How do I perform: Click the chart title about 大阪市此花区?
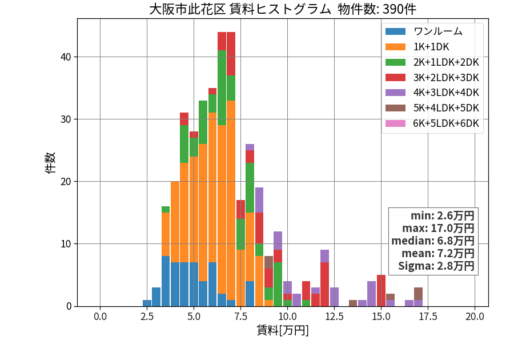coord(283,9)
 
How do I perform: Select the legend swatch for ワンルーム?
coord(395,31)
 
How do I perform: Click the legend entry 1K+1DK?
coord(431,47)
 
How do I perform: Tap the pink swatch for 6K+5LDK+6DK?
coord(395,123)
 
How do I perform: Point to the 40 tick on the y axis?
coord(66,57)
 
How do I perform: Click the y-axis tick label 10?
coord(66,244)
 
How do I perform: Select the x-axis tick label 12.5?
coord(334,317)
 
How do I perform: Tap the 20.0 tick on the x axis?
coord(475,317)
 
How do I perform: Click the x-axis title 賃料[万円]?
coord(283,330)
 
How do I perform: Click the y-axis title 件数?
coord(50,163)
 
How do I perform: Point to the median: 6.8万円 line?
coord(433,241)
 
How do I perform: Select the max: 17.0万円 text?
coord(438,228)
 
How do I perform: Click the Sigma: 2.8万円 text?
coord(436,266)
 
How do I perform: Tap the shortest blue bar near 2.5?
coord(147,303)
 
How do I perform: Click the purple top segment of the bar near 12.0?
coord(324,256)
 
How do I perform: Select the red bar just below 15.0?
coord(381,290)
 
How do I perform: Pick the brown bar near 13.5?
coord(353,303)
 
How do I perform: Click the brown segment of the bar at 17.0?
coord(418,294)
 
